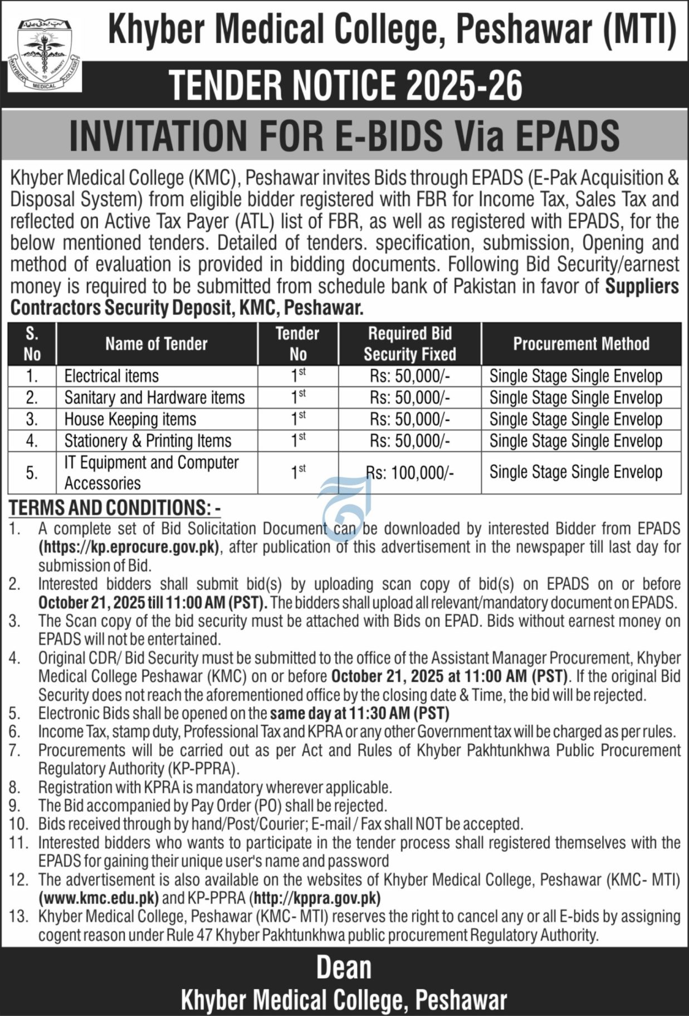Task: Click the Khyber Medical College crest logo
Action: [45, 56]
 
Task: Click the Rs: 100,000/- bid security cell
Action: [410, 473]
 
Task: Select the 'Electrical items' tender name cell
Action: [111, 376]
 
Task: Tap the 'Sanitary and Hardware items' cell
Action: [154, 398]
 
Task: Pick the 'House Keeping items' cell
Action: [130, 419]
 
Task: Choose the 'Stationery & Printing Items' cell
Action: [148, 441]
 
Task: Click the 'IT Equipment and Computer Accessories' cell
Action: [151, 472]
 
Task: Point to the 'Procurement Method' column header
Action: [581, 344]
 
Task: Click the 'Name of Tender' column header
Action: [157, 344]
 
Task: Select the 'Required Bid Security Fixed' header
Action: [410, 344]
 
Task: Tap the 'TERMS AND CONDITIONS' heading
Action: [111, 507]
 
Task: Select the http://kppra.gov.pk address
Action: [316, 898]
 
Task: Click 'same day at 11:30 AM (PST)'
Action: [360, 713]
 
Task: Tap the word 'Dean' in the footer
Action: [344, 968]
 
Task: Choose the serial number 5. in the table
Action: [32, 473]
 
